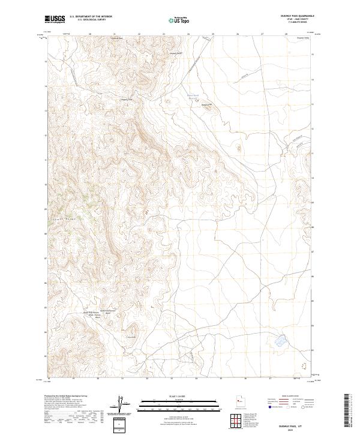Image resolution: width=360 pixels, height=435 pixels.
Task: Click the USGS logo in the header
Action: click(x=55, y=20)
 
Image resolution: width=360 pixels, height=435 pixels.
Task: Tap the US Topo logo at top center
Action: click(x=180, y=20)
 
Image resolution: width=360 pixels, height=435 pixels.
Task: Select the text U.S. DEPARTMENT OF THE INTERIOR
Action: click(x=91, y=17)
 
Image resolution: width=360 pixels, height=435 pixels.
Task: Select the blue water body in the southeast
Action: click(x=280, y=342)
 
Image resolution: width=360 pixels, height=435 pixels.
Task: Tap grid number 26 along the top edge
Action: click(x=238, y=34)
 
